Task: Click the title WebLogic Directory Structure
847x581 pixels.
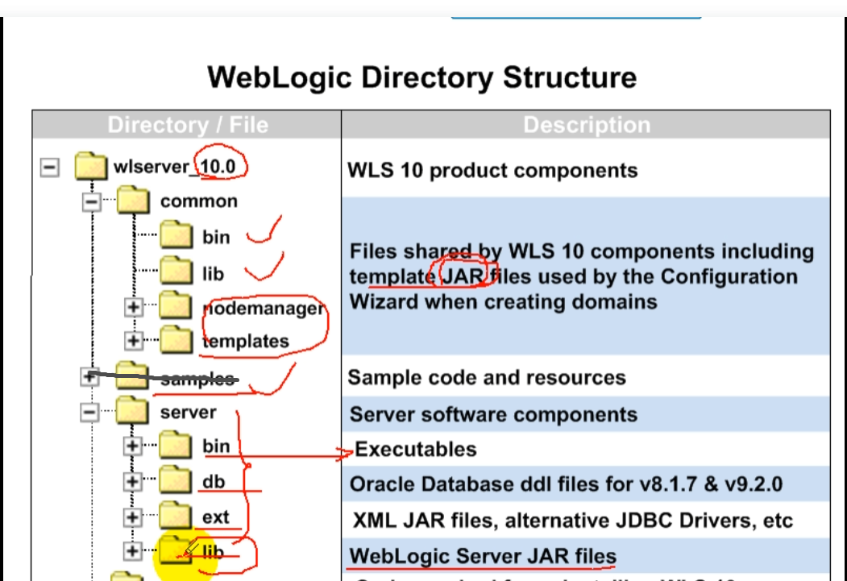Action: tap(421, 78)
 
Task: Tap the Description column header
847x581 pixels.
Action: tap(586, 125)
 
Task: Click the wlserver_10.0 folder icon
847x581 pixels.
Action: tap(91, 167)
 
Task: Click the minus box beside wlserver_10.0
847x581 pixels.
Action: tap(50, 167)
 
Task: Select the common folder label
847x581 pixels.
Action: tap(199, 201)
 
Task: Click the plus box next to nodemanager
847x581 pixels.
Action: tap(133, 307)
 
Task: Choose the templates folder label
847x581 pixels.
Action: tap(246, 341)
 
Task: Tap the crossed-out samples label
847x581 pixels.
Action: tap(197, 379)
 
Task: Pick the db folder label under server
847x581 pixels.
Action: tap(214, 482)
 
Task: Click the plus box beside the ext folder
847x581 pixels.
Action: tap(133, 517)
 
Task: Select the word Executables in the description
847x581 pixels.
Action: tap(416, 450)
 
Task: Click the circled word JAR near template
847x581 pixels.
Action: tap(467, 276)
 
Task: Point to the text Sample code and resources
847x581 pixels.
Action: tap(486, 378)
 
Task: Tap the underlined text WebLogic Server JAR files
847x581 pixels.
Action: tap(483, 556)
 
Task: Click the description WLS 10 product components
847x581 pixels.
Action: tap(492, 171)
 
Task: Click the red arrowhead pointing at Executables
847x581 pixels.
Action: tap(348, 453)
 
